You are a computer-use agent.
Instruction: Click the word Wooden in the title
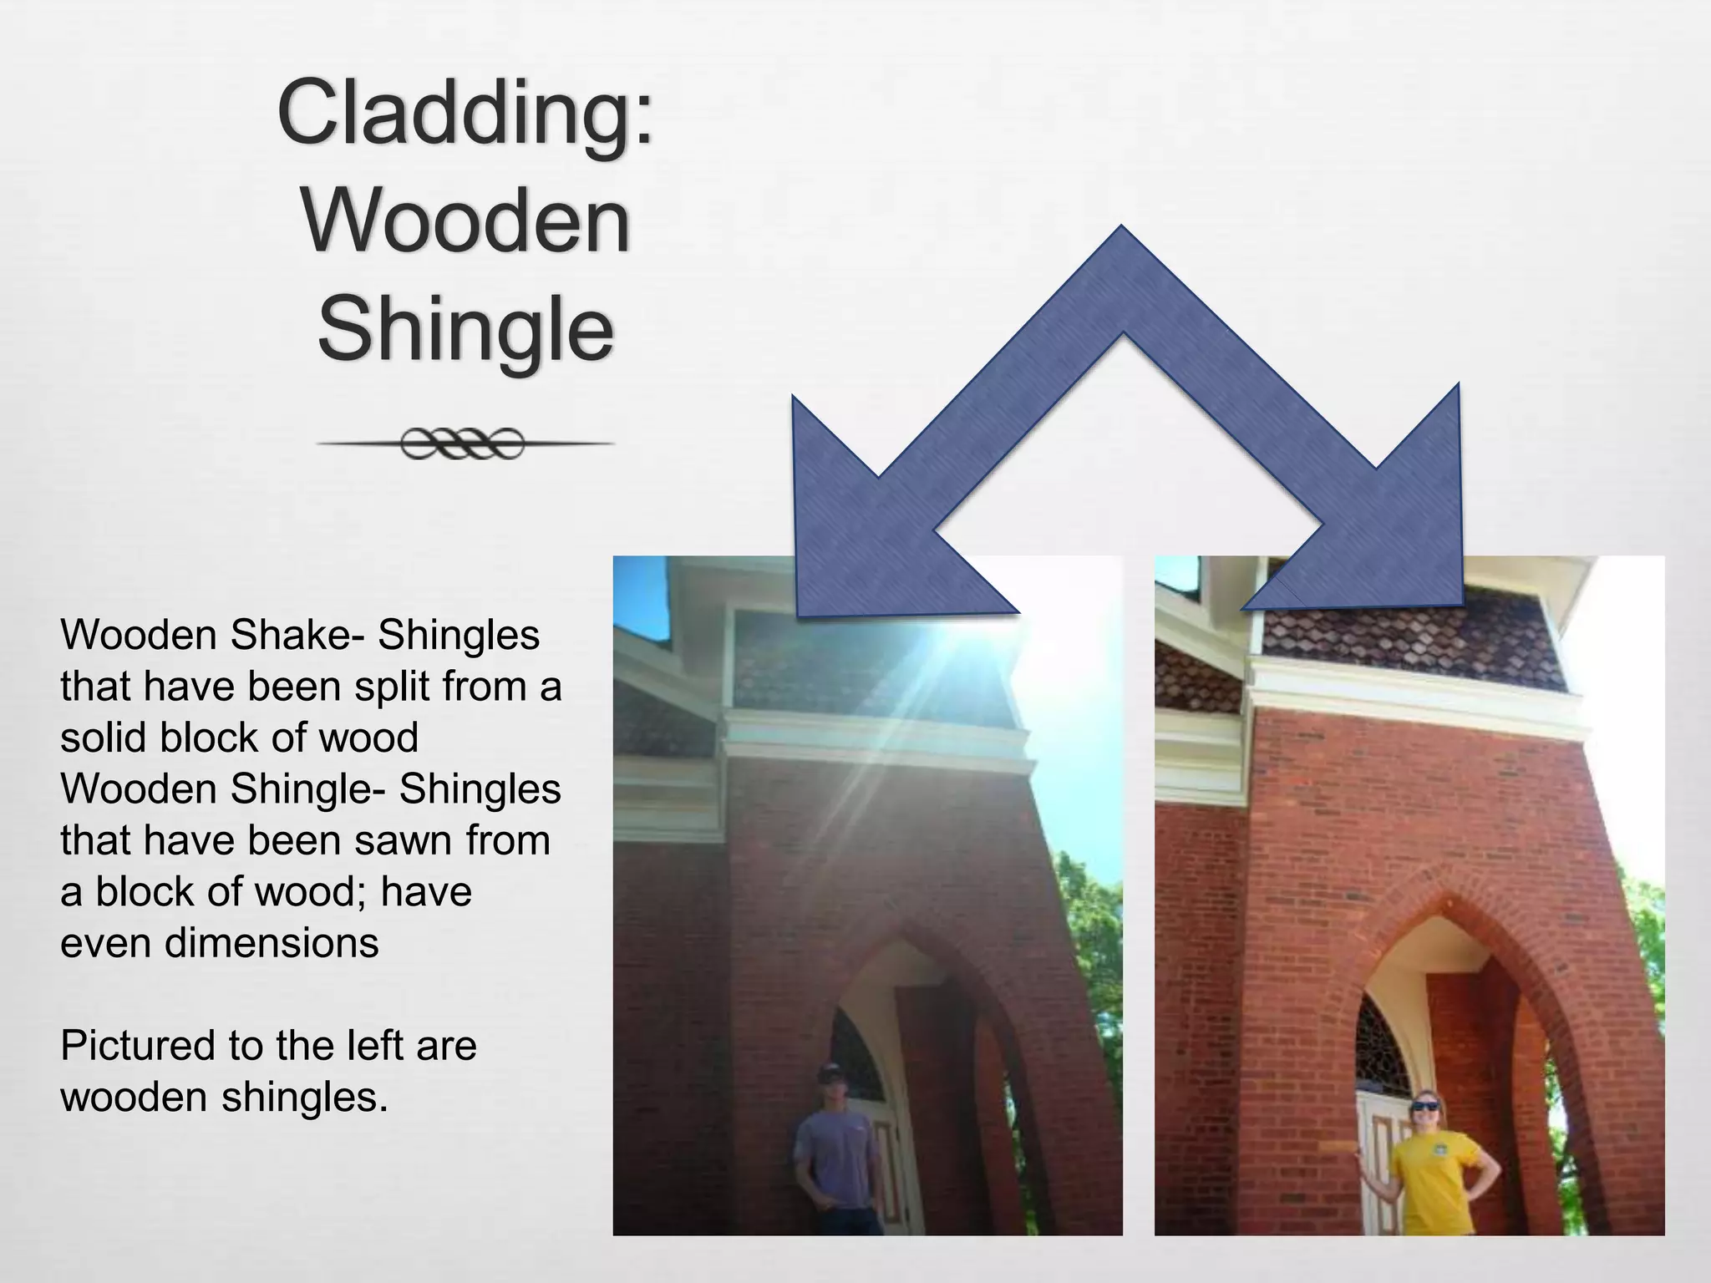click(x=465, y=222)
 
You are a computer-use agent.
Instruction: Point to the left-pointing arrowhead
click(x=869, y=535)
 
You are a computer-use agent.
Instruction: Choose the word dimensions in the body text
click(x=272, y=943)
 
